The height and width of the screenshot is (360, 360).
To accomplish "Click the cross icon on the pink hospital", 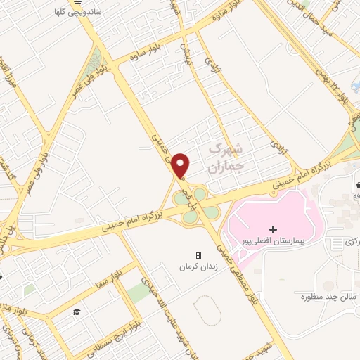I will point(274,230).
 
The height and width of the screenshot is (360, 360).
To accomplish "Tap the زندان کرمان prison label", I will point(198,267).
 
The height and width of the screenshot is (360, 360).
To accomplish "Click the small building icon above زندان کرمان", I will point(198,255).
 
